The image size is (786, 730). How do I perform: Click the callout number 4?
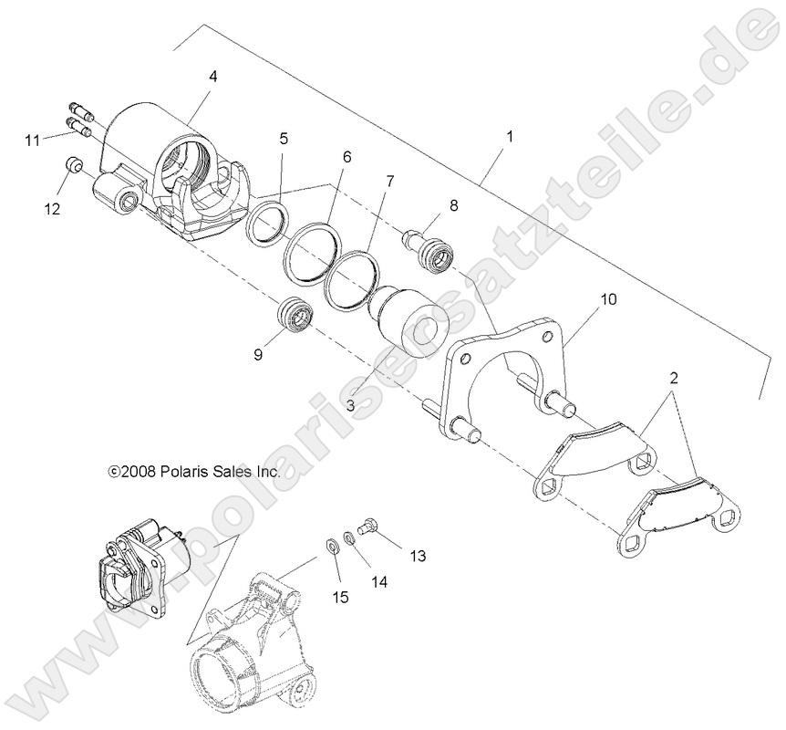(x=212, y=78)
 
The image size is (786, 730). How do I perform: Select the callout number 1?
(x=510, y=137)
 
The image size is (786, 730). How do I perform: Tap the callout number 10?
(x=608, y=299)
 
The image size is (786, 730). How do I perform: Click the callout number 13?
(x=418, y=555)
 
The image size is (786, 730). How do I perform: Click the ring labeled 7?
(x=349, y=278)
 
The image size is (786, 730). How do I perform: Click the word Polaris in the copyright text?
(x=181, y=472)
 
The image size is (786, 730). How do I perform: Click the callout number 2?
(x=673, y=376)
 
